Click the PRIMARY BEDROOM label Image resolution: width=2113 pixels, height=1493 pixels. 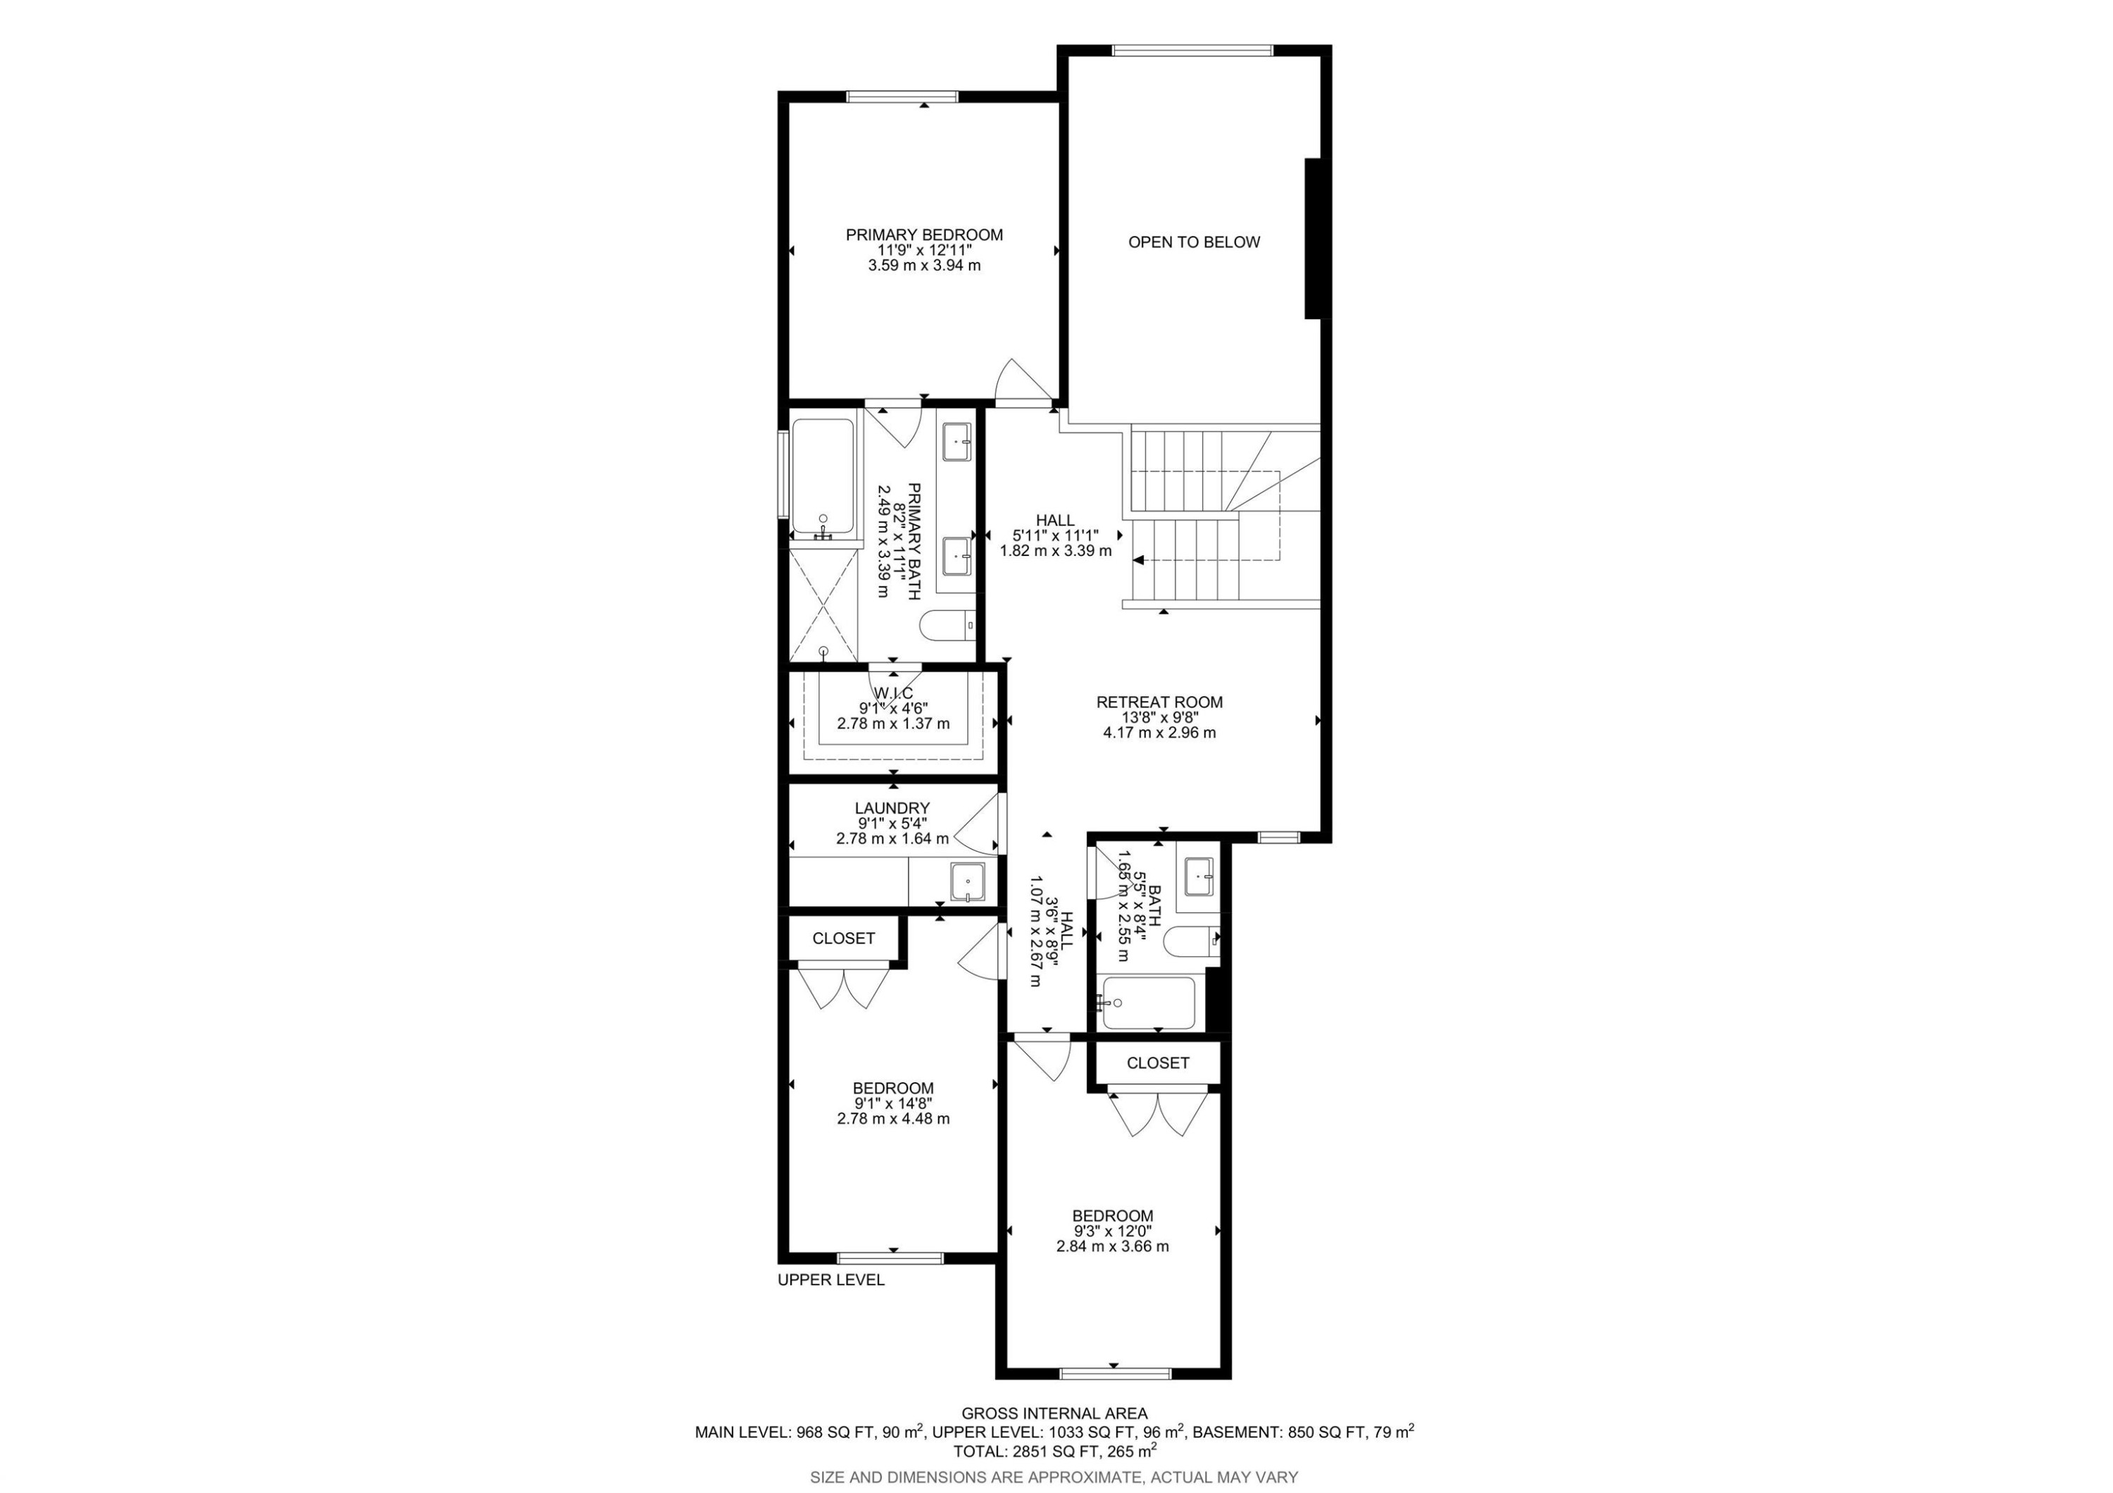(x=924, y=235)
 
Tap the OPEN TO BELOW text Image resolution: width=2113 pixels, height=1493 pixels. (x=1194, y=242)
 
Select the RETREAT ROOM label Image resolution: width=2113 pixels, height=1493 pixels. (x=1159, y=702)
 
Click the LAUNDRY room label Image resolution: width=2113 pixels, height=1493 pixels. (x=892, y=808)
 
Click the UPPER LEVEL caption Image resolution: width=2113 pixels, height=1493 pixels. (x=830, y=1280)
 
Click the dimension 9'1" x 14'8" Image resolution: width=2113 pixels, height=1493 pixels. (x=892, y=1103)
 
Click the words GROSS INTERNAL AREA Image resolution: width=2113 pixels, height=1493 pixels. (x=1054, y=1413)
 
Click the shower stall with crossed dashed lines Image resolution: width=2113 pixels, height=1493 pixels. (x=823, y=604)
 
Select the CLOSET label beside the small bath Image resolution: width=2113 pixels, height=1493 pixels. (x=1158, y=1063)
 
